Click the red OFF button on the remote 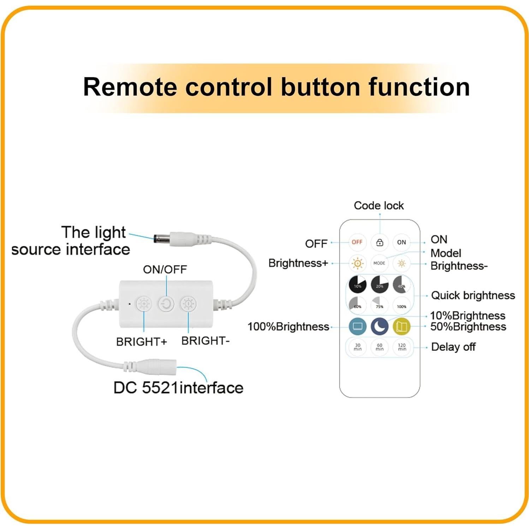click(x=357, y=242)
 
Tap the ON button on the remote click(x=402, y=242)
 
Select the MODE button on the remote click(x=379, y=263)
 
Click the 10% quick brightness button click(x=357, y=285)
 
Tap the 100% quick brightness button click(x=402, y=305)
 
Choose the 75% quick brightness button click(x=379, y=305)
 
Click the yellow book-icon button click(x=402, y=326)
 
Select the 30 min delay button click(x=357, y=347)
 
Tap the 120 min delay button click(x=402, y=347)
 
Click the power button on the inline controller click(x=166, y=304)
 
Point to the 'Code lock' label click(x=379, y=206)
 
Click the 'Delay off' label click(x=453, y=347)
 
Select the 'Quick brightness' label click(x=473, y=295)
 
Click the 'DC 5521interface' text click(x=178, y=388)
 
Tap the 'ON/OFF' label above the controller click(x=165, y=269)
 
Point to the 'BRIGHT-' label click(x=205, y=341)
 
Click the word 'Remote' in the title click(x=130, y=87)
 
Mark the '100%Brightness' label click(x=288, y=327)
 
